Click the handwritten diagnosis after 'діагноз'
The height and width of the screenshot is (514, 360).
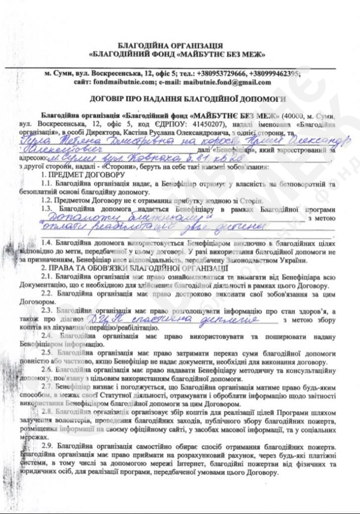click(x=178, y=319)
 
